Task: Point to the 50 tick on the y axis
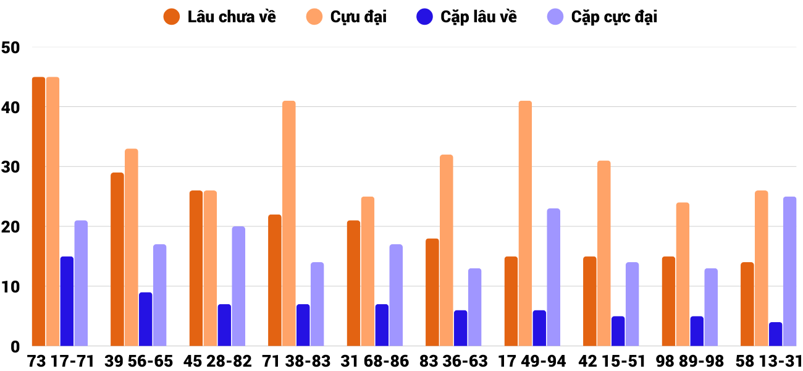(11, 48)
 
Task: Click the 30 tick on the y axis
(11, 168)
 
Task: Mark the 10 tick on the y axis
(11, 287)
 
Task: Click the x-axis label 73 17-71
(61, 361)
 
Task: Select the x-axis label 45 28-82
(217, 361)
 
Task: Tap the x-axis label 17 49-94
(532, 361)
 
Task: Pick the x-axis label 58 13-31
(768, 361)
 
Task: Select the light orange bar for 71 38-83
(289, 223)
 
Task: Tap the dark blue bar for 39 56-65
(146, 319)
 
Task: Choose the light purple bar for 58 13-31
(790, 271)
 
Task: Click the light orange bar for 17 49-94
(525, 223)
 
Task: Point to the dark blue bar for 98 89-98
(697, 331)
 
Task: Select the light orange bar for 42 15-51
(604, 254)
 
